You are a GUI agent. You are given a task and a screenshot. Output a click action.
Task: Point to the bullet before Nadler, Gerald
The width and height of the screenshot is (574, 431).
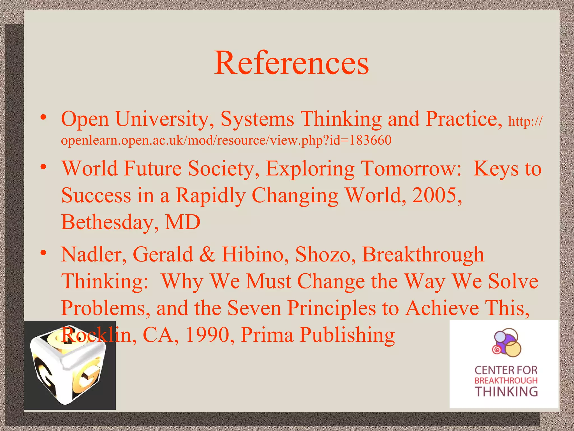(x=43, y=253)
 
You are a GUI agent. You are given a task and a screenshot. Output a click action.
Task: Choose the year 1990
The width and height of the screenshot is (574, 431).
(x=207, y=334)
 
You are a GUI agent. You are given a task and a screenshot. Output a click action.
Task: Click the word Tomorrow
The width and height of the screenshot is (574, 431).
(x=411, y=169)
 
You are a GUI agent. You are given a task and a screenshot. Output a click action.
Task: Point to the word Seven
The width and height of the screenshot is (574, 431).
(x=254, y=308)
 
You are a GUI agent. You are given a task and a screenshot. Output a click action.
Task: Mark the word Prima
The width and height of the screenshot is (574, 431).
(x=267, y=334)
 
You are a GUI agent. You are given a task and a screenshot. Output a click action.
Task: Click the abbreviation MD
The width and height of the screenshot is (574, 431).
(x=182, y=222)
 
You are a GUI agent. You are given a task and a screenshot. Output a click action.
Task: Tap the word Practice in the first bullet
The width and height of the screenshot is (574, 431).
(x=464, y=119)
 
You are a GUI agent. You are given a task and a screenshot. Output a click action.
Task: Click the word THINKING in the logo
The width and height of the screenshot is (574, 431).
(x=506, y=391)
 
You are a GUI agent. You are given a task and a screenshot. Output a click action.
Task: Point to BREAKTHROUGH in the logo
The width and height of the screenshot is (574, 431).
(x=506, y=380)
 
